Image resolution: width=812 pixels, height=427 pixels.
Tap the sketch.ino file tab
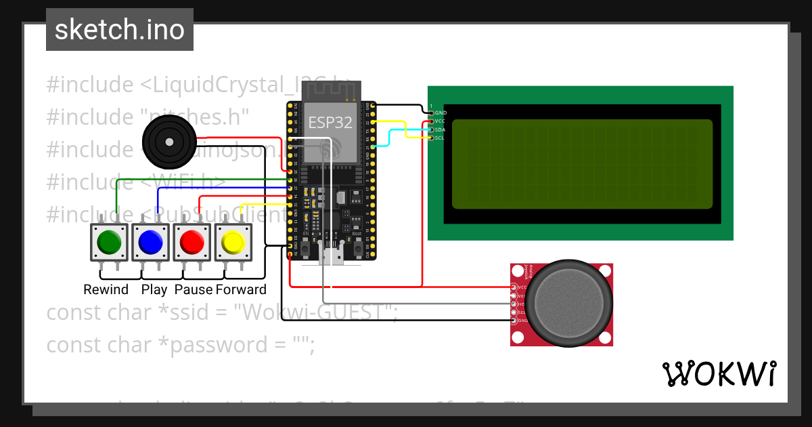pos(120,30)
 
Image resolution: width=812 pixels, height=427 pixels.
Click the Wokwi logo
pos(719,373)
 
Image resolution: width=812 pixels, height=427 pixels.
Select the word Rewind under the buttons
pos(106,290)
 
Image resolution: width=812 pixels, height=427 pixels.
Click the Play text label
pos(154,290)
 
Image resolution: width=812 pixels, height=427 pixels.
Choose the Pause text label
pos(194,290)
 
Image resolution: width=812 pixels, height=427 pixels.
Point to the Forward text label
pos(241,290)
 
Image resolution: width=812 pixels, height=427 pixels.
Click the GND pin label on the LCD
pos(441,113)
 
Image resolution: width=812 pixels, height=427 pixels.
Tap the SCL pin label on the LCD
pos(440,138)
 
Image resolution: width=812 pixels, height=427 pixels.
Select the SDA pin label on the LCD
pos(440,129)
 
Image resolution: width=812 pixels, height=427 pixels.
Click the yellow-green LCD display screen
pos(582,164)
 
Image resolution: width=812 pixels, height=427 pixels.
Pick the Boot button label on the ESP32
pos(357,234)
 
